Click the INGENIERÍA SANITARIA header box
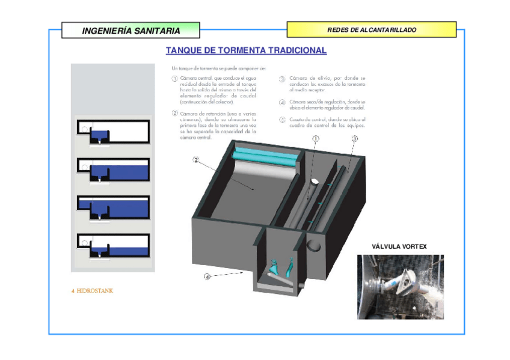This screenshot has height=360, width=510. pos(131,30)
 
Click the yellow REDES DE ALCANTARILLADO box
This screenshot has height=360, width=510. pos(371,29)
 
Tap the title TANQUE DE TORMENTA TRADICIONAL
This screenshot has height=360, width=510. pos(246,50)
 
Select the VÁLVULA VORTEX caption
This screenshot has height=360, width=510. pos(399,246)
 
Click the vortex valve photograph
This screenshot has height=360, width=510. pos(400,287)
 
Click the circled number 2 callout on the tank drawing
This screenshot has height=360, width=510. pos(195,160)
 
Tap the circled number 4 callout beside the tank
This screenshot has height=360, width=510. pos(207,276)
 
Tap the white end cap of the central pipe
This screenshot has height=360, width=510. pos(314,181)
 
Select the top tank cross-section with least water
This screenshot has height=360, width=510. pos(113,132)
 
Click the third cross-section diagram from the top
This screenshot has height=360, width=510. pos(113,207)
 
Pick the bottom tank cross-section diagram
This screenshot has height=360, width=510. pos(113,245)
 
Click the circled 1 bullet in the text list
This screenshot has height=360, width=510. pos(174,79)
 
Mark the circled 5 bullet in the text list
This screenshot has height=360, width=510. pos(282,120)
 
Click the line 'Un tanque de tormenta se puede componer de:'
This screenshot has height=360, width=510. pos(214,68)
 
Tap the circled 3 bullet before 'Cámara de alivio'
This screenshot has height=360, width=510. pos(282,79)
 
